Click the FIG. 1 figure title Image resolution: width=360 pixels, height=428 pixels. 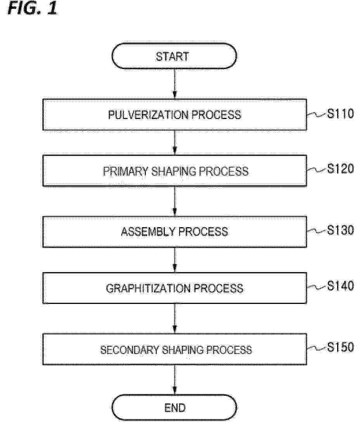click(32, 8)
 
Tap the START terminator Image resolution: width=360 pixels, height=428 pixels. click(174, 56)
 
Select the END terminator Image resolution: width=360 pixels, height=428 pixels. click(174, 407)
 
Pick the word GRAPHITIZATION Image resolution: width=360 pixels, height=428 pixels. click(148, 288)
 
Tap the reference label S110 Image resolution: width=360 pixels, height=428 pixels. click(340, 114)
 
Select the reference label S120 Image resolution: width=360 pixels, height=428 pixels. click(340, 169)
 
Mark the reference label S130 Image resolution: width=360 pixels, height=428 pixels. click(340, 230)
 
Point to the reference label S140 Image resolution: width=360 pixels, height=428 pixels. click(340, 286)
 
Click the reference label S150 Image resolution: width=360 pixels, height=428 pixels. click(340, 347)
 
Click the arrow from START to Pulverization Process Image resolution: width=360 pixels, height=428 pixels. click(175, 84)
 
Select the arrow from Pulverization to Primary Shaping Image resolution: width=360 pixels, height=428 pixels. click(175, 143)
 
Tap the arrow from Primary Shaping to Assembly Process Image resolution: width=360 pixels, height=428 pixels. click(175, 202)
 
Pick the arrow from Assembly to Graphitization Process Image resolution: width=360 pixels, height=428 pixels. click(175, 260)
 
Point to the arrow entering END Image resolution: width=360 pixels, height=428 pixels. click(175, 380)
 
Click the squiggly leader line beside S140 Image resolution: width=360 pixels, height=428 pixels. click(317, 287)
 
